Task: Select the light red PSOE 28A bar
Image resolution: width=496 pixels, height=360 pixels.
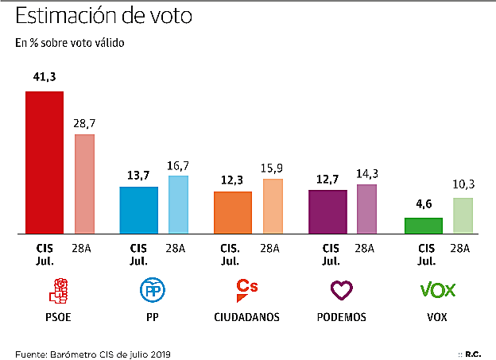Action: tap(84, 184)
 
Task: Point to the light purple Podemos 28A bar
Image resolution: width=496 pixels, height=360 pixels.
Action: tap(366, 209)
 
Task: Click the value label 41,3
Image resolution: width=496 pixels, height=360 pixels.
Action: tap(44, 78)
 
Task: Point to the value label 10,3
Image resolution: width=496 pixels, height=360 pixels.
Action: tap(463, 184)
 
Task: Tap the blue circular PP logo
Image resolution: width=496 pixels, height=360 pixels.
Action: tap(153, 292)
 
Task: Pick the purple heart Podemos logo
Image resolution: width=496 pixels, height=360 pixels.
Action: tap(342, 291)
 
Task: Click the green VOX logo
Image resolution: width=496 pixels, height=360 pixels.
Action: tap(436, 290)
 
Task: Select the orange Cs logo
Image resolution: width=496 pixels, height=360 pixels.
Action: tap(247, 290)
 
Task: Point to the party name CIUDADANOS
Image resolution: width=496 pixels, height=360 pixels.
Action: tap(247, 317)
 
